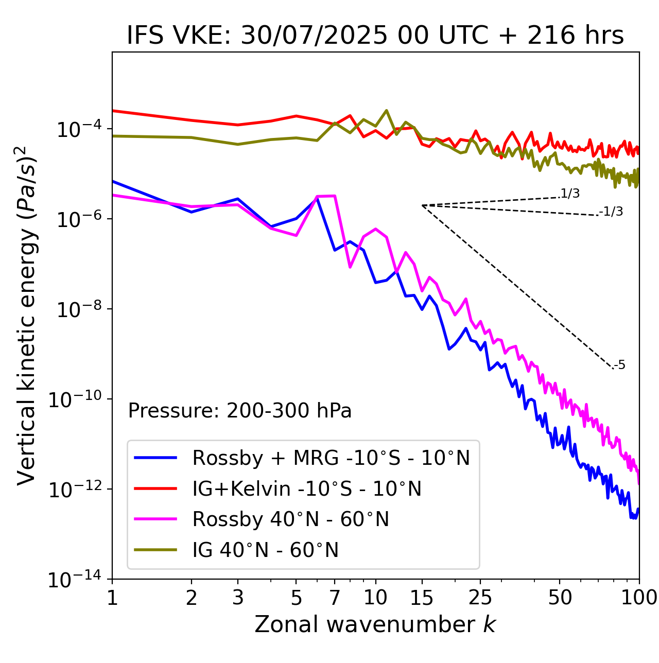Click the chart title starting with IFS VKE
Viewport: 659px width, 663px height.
[375, 36]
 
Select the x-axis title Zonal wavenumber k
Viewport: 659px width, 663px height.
[375, 624]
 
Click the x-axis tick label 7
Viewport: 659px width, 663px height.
[335, 598]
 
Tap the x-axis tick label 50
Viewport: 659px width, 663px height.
[560, 598]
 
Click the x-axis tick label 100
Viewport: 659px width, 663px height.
[638, 598]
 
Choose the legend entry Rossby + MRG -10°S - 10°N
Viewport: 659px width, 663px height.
[331, 458]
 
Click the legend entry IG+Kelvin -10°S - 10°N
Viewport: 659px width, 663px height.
[307, 488]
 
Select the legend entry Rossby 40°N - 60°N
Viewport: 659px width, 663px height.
[290, 519]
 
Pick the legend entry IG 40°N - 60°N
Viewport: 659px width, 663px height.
[265, 550]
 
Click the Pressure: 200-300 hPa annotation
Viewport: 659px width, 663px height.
[240, 411]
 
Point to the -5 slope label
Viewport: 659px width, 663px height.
[620, 365]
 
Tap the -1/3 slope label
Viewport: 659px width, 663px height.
[612, 211]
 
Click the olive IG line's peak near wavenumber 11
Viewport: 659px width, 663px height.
[386, 110]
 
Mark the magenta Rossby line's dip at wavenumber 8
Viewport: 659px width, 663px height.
[350, 267]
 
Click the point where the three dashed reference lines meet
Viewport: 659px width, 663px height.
[422, 205]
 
